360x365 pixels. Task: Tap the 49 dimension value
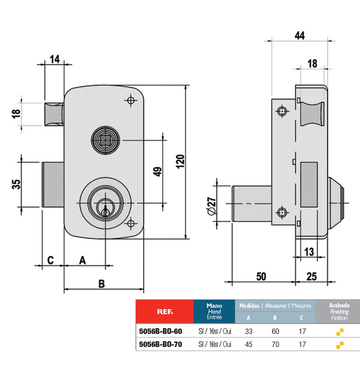[157, 172]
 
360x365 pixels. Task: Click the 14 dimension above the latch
[55, 59]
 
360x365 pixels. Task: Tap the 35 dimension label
[16, 184]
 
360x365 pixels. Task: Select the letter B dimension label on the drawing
[102, 284]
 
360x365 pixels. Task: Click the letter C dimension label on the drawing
[50, 260]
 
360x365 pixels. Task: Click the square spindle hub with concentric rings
[105, 141]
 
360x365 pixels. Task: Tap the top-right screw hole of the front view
[131, 100]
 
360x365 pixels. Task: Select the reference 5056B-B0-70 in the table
[161, 345]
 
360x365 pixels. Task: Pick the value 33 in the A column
[248, 332]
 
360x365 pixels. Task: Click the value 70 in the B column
[275, 345]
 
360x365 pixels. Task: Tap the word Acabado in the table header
[339, 305]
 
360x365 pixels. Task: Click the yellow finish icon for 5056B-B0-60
[340, 332]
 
